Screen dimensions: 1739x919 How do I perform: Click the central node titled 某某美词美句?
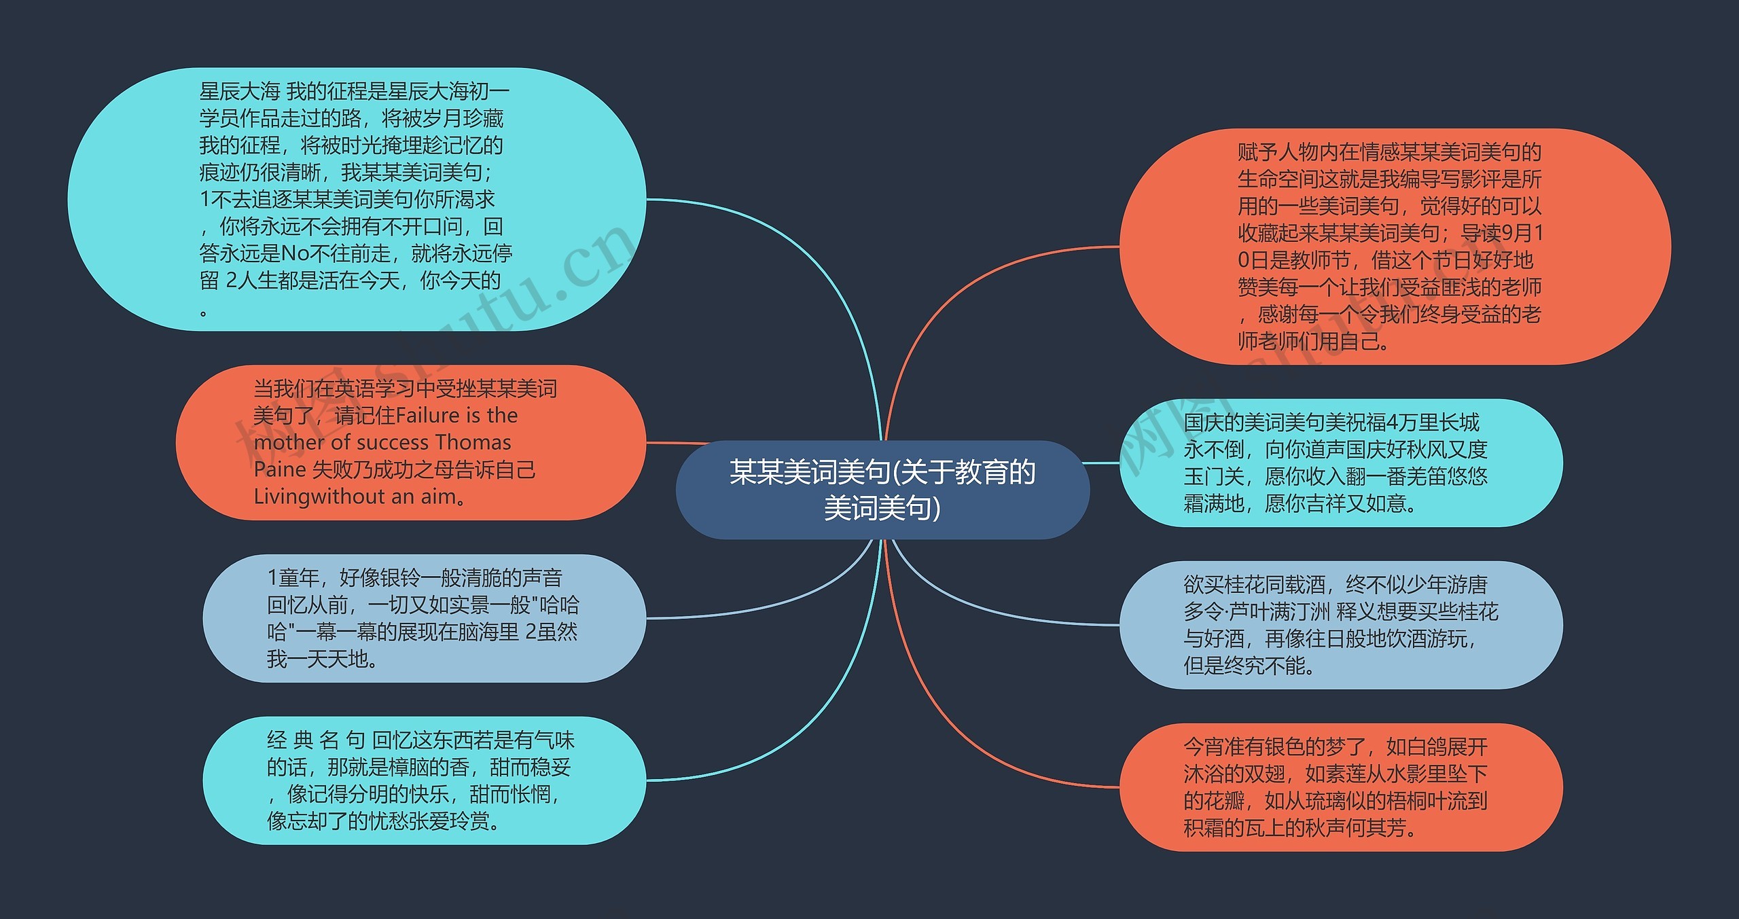(x=882, y=489)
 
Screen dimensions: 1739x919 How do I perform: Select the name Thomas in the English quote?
(x=473, y=442)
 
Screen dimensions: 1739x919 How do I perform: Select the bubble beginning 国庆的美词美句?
(x=1340, y=463)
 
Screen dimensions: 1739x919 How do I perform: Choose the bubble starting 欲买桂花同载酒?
(x=1340, y=625)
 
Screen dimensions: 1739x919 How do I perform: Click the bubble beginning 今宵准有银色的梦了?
(x=1340, y=787)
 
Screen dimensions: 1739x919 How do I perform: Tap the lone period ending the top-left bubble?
(x=204, y=312)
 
